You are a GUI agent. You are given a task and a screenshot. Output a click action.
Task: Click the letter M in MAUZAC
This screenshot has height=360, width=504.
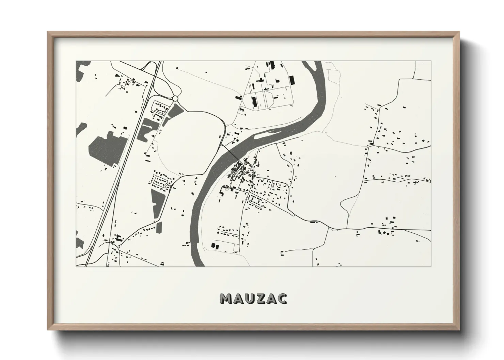coord(226,298)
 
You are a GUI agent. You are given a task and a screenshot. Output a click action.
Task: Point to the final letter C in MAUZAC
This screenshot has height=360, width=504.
coord(282,298)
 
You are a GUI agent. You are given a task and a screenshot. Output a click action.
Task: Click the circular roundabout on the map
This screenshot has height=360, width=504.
coord(175,98)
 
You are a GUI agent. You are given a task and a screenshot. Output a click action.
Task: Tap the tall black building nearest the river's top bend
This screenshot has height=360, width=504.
coord(292,81)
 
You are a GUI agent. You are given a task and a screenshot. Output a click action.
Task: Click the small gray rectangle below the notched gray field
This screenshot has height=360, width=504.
coord(159,227)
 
